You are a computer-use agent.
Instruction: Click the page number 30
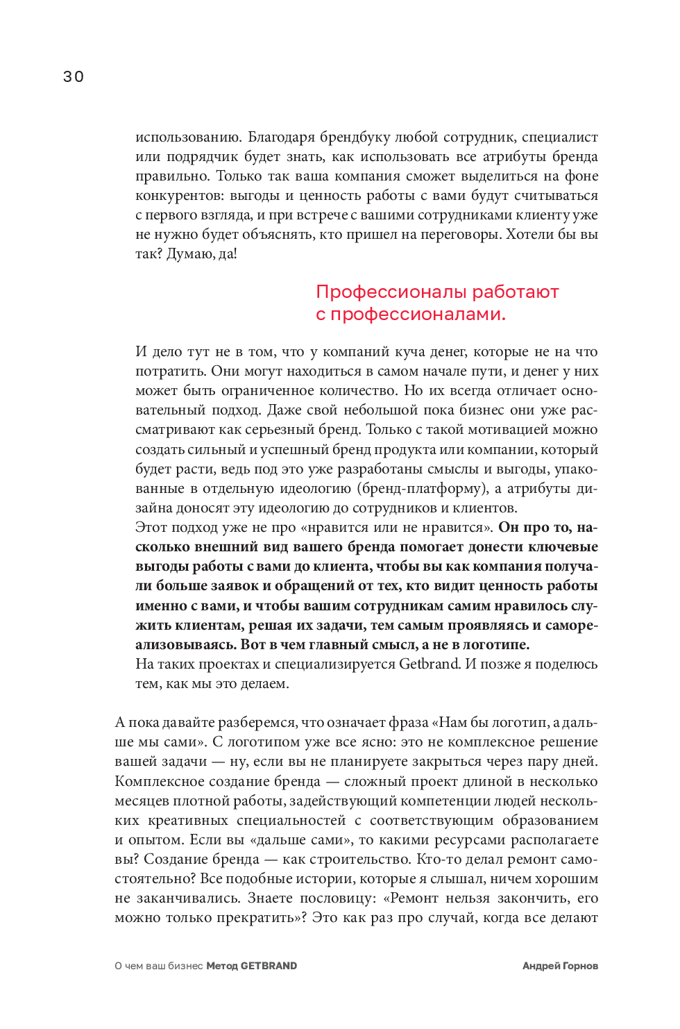point(74,76)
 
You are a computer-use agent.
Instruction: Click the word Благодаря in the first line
point(282,137)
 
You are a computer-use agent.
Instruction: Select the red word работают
point(516,292)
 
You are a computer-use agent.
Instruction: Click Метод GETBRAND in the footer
point(252,966)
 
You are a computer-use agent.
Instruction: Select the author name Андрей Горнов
point(560,966)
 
